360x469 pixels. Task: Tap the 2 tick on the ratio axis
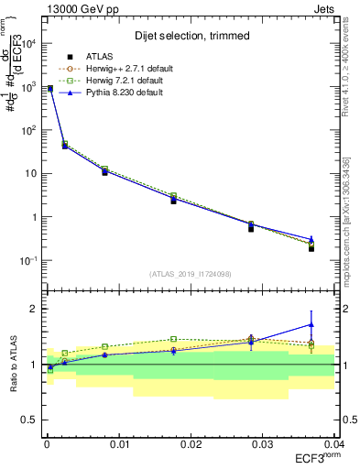(x=34, y=309)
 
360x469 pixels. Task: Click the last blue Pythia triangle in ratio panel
(x=311, y=324)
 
